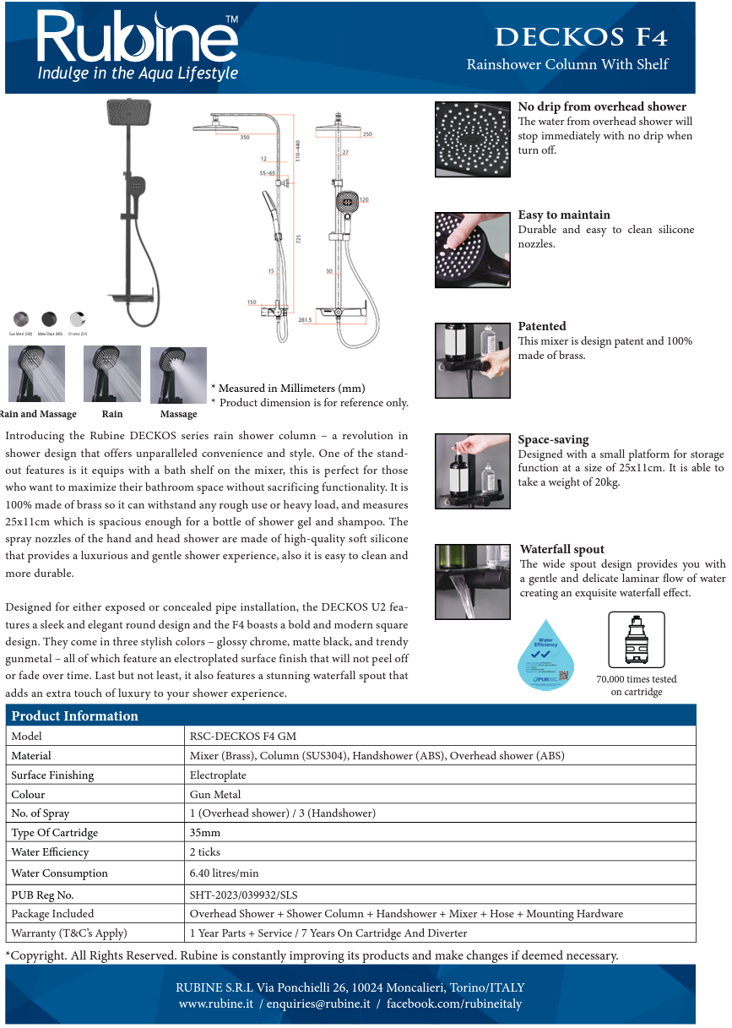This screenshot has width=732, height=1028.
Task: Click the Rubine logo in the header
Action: click(138, 46)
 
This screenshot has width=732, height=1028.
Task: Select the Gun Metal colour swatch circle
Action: click(20, 318)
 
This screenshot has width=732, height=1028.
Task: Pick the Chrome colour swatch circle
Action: click(78, 318)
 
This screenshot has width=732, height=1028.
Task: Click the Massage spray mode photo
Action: click(178, 375)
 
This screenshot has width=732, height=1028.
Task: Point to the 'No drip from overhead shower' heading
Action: click(601, 106)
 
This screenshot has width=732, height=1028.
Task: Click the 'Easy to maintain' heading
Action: click(563, 215)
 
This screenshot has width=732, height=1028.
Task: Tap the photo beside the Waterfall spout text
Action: click(472, 582)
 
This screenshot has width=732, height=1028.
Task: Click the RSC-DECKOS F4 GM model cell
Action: click(243, 736)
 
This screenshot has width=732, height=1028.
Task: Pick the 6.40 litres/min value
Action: click(224, 873)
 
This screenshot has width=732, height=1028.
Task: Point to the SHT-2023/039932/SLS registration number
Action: click(243, 894)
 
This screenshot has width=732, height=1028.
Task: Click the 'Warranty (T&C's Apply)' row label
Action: click(68, 933)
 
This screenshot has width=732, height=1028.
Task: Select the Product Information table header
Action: click(74, 715)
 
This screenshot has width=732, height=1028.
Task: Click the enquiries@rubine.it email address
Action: click(318, 1004)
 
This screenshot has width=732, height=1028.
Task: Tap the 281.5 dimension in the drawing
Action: click(304, 320)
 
